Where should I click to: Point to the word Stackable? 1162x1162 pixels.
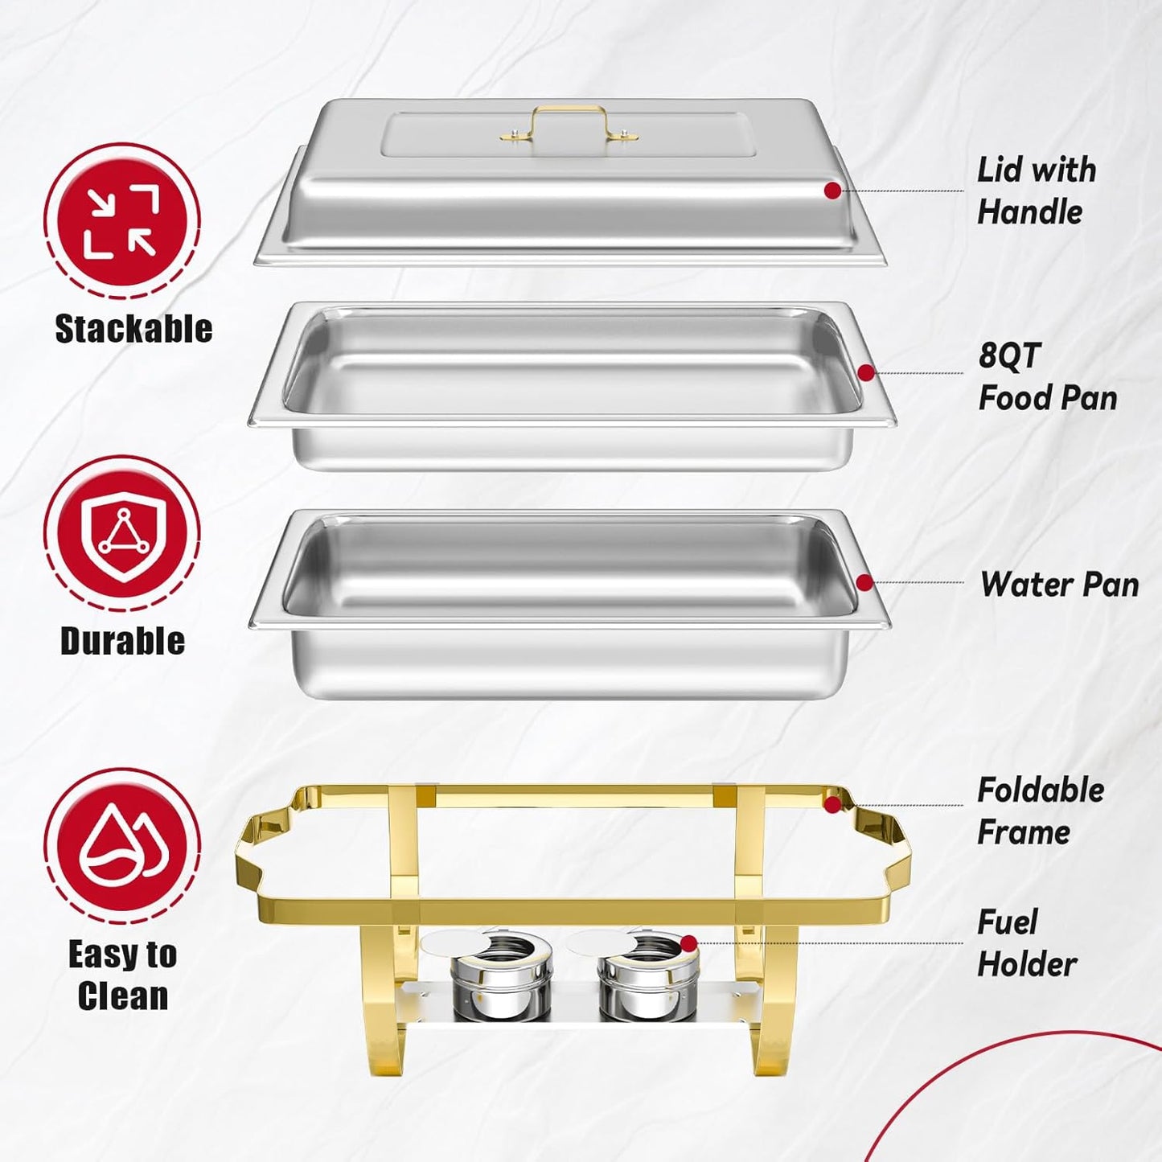coord(133,329)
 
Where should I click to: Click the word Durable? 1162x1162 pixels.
coord(122,641)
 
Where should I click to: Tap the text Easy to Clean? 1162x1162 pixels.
coord(122,975)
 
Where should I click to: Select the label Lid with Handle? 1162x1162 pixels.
coord(1036,191)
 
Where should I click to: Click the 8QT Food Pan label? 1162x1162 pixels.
coord(1047,376)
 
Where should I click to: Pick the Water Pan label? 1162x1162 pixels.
coord(1059,585)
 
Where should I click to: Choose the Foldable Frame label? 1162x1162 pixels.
coord(1040,811)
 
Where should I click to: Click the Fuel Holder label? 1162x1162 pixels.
coord(1026,943)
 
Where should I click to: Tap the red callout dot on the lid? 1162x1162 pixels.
coord(833,191)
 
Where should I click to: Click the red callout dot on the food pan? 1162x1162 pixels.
coord(866,372)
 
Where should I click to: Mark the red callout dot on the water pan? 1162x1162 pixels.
coord(864,582)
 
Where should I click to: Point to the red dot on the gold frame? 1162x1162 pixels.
coord(833,804)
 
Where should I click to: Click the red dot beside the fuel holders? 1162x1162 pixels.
coord(688,943)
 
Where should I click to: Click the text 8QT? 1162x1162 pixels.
coord(1009,355)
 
